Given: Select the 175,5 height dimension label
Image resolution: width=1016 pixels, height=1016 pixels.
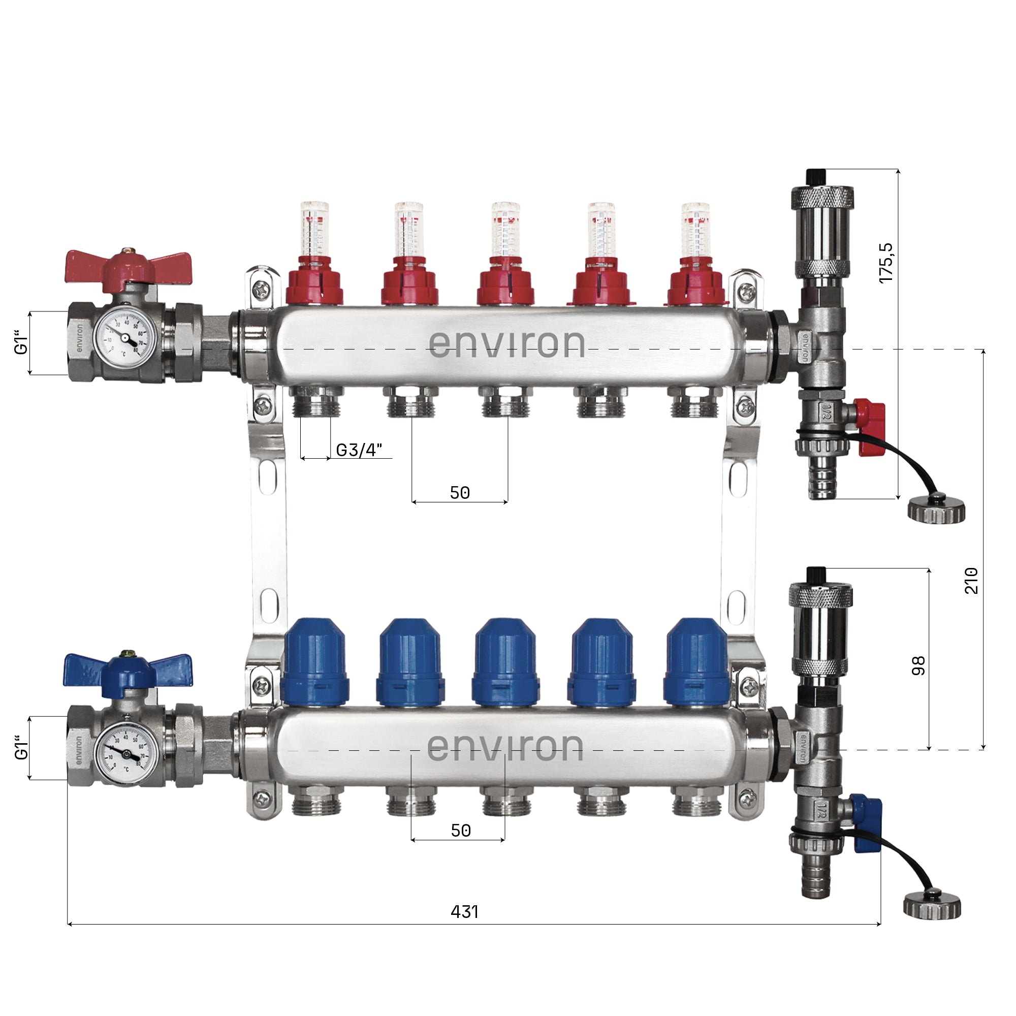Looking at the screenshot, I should (886, 263).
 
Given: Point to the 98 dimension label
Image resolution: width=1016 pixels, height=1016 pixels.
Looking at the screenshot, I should (918, 666).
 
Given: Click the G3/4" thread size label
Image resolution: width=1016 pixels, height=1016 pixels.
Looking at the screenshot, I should (359, 450).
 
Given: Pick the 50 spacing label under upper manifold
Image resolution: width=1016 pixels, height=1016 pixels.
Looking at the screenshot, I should (460, 493).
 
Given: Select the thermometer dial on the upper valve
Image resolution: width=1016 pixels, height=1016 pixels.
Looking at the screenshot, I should (124, 338).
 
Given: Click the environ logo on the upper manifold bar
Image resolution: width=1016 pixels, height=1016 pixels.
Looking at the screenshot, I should (506, 344).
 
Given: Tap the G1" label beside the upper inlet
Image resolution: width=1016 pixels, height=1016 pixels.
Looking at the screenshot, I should (20, 342).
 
